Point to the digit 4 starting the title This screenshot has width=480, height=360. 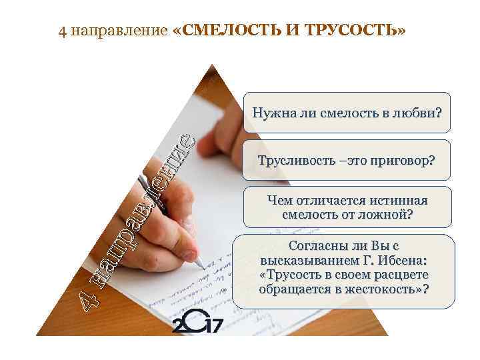tap(61, 33)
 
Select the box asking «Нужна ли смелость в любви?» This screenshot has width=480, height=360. tap(346, 113)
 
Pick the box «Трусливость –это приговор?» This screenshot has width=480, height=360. tap(346, 160)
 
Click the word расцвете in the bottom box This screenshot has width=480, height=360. tap(400, 275)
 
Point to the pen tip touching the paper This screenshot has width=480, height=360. tap(201, 266)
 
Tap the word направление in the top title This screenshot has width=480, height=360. tap(117, 33)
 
